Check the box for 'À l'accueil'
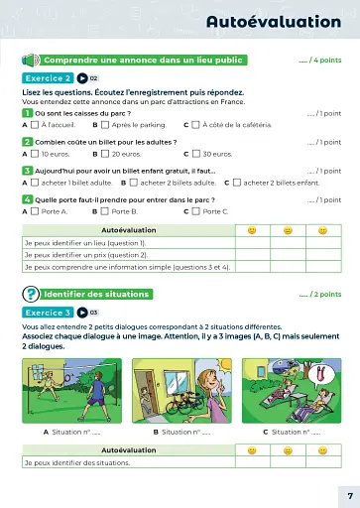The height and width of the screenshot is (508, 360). (x=35, y=125)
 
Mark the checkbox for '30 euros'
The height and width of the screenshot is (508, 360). (x=195, y=154)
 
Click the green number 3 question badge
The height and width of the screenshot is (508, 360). (x=27, y=170)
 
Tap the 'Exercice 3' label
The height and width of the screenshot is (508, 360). (x=47, y=312)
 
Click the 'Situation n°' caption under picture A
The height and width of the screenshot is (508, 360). (x=75, y=432)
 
